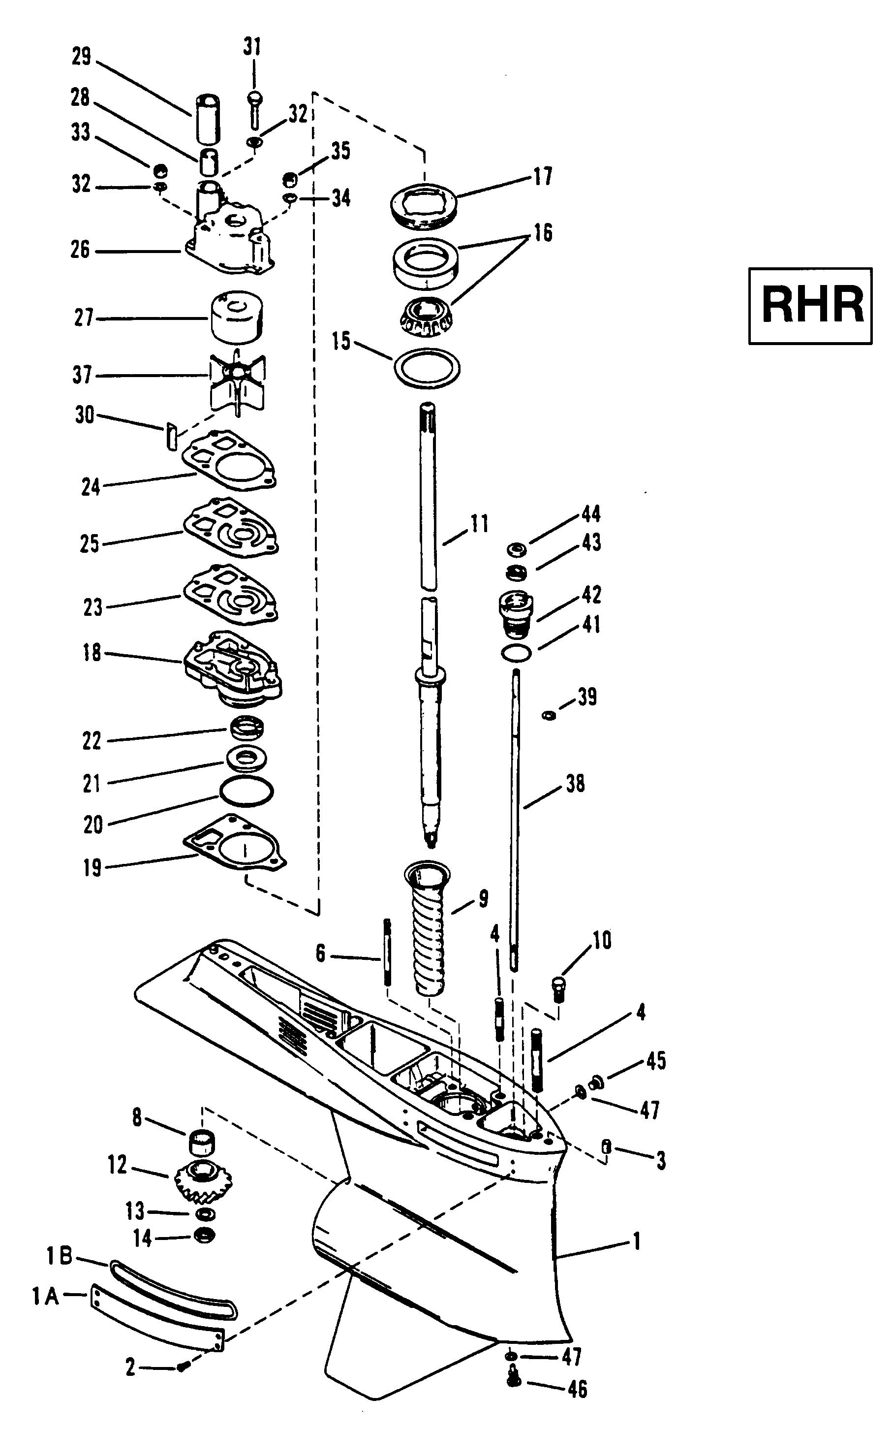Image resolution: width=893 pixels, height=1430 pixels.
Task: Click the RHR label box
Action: tap(810, 306)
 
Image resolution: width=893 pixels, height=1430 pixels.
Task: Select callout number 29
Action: tap(82, 57)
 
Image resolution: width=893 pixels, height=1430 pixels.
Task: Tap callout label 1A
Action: tap(45, 1297)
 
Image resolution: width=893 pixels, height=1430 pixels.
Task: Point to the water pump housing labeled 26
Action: tap(230, 230)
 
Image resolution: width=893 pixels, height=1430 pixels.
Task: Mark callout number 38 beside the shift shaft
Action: tap(575, 784)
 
